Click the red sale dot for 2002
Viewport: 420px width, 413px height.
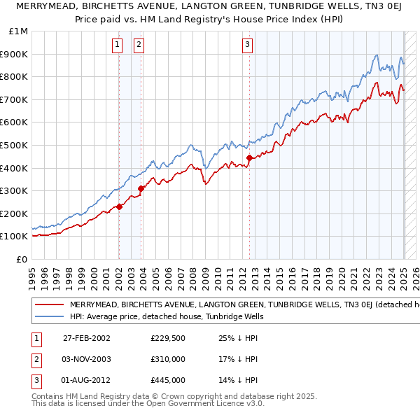[x=119, y=206]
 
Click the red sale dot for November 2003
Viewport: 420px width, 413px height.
[x=141, y=188]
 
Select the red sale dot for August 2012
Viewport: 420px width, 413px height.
[x=249, y=157]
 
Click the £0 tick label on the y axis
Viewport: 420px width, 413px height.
[x=22, y=259]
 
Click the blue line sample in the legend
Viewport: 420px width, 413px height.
[x=49, y=317]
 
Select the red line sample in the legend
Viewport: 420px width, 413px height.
[x=49, y=304]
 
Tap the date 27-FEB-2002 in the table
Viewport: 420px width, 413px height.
[x=87, y=338]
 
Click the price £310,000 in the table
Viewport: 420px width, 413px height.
[x=167, y=359]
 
